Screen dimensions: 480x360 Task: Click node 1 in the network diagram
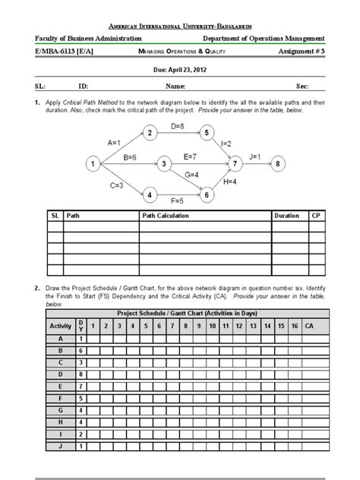pyautogui.click(x=92, y=163)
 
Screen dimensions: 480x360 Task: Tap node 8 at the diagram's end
pyautogui.click(x=279, y=163)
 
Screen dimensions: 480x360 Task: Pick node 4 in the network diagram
pyautogui.click(x=150, y=195)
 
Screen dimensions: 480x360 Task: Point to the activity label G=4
pyautogui.click(x=191, y=175)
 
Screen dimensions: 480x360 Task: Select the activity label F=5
pyautogui.click(x=177, y=201)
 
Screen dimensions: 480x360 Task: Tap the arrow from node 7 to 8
pyautogui.click(x=258, y=163)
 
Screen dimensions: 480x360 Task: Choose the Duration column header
pyautogui.click(x=287, y=216)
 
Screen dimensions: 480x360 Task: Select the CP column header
pyautogui.click(x=315, y=216)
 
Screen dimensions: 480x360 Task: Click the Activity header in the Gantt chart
pyautogui.click(x=60, y=326)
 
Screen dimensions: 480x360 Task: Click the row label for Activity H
pyautogui.click(x=60, y=422)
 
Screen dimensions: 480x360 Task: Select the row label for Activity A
pyautogui.click(x=60, y=339)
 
